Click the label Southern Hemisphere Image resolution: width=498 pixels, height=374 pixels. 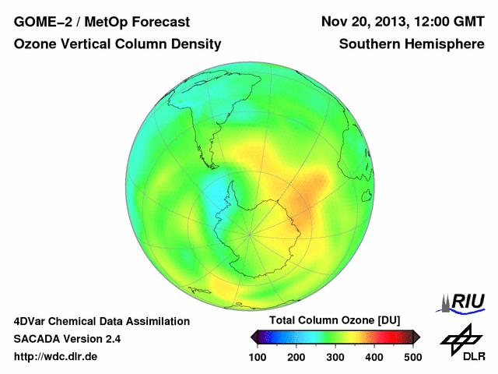pos(412,45)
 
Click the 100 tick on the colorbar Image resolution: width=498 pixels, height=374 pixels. pos(258,356)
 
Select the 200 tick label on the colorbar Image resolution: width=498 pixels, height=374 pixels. pos(296,356)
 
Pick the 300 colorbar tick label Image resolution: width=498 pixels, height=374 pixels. pos(335,356)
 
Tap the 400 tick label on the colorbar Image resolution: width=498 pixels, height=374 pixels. pos(374,356)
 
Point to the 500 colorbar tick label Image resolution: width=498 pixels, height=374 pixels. pos(412,356)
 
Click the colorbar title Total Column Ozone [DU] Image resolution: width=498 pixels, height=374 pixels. pos(335,320)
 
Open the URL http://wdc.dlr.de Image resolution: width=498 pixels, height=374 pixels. pos(56,357)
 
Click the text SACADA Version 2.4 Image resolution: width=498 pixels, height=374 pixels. pos(68,339)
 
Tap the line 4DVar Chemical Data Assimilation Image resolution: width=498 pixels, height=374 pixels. pos(102,321)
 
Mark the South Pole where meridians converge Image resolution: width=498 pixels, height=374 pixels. pos(250,233)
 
